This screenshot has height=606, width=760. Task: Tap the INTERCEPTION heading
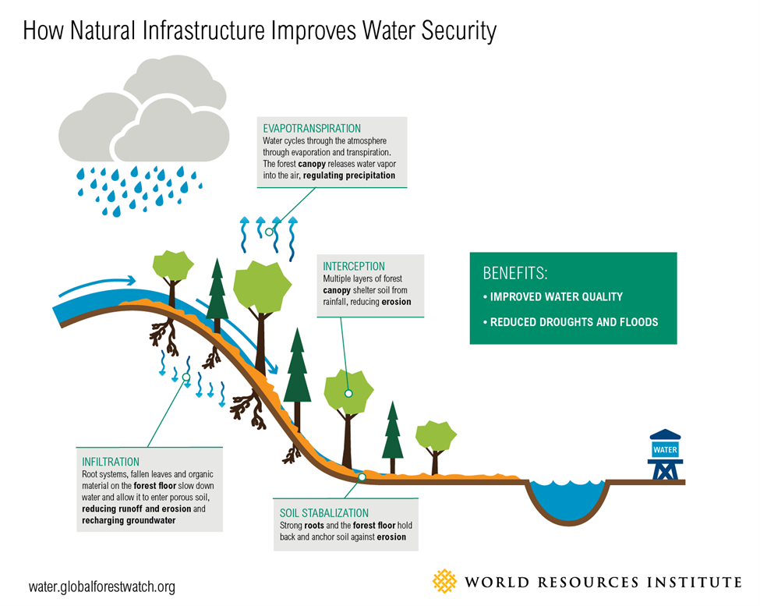pyautogui.click(x=354, y=266)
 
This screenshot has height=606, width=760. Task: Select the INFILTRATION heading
pyautogui.click(x=111, y=462)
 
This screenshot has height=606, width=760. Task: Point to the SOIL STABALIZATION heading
pyautogui.click(x=323, y=512)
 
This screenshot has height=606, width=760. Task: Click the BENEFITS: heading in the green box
pyautogui.click(x=515, y=274)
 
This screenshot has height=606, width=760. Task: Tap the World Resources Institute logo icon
pyautogui.click(x=444, y=581)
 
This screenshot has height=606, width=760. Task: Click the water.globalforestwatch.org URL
pyautogui.click(x=102, y=587)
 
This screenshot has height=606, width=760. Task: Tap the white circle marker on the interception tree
pyautogui.click(x=348, y=394)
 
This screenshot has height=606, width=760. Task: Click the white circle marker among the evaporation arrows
pyautogui.click(x=270, y=232)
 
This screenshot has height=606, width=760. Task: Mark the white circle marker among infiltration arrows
pyautogui.click(x=187, y=379)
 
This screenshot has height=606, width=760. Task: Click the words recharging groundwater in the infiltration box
pyautogui.click(x=129, y=520)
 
